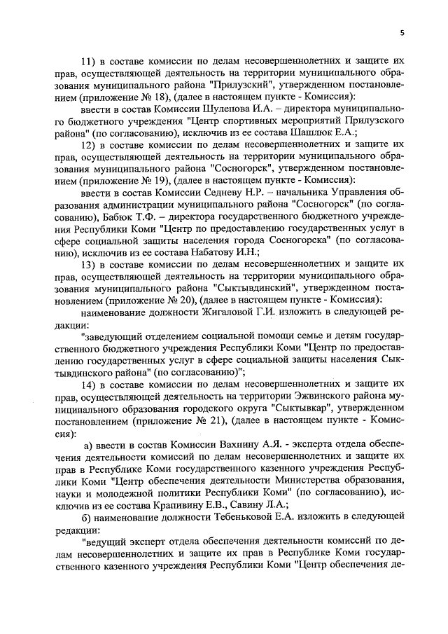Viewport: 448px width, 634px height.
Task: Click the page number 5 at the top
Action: click(402, 32)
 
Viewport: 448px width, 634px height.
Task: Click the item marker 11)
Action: click(90, 60)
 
